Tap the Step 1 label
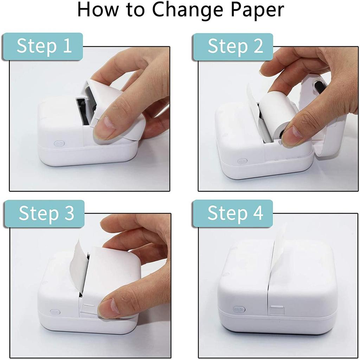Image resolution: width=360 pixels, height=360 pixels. pos(44,46)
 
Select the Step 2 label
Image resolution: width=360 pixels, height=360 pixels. pos(234,46)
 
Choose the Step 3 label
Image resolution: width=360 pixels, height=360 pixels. pos(46,213)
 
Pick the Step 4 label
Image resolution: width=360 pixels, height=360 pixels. pos(234,213)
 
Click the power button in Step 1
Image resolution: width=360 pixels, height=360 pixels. pos(59,143)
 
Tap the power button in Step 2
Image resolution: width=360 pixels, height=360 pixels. pos(242,161)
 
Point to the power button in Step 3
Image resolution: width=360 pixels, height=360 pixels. pos(55,312)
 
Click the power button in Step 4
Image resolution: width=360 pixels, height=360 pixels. pos(239,309)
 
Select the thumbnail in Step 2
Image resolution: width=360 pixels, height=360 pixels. pos(292,135)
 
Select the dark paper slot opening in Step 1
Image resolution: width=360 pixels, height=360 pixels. pos(82,111)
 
